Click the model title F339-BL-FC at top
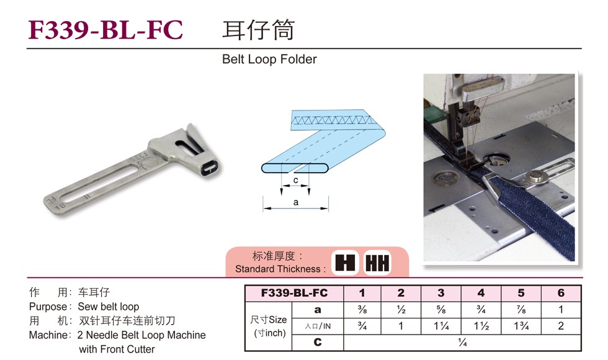(x=106, y=30)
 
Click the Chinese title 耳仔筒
(x=258, y=30)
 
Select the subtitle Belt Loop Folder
(x=269, y=60)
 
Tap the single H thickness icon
(x=345, y=263)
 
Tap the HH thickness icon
(x=377, y=263)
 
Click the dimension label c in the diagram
(x=295, y=181)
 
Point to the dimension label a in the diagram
(x=295, y=202)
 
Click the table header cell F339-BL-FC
(x=294, y=293)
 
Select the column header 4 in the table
(x=481, y=293)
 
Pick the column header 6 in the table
(x=561, y=293)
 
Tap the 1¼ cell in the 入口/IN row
(x=441, y=326)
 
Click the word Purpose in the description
(x=47, y=307)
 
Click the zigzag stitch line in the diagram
(x=329, y=119)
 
